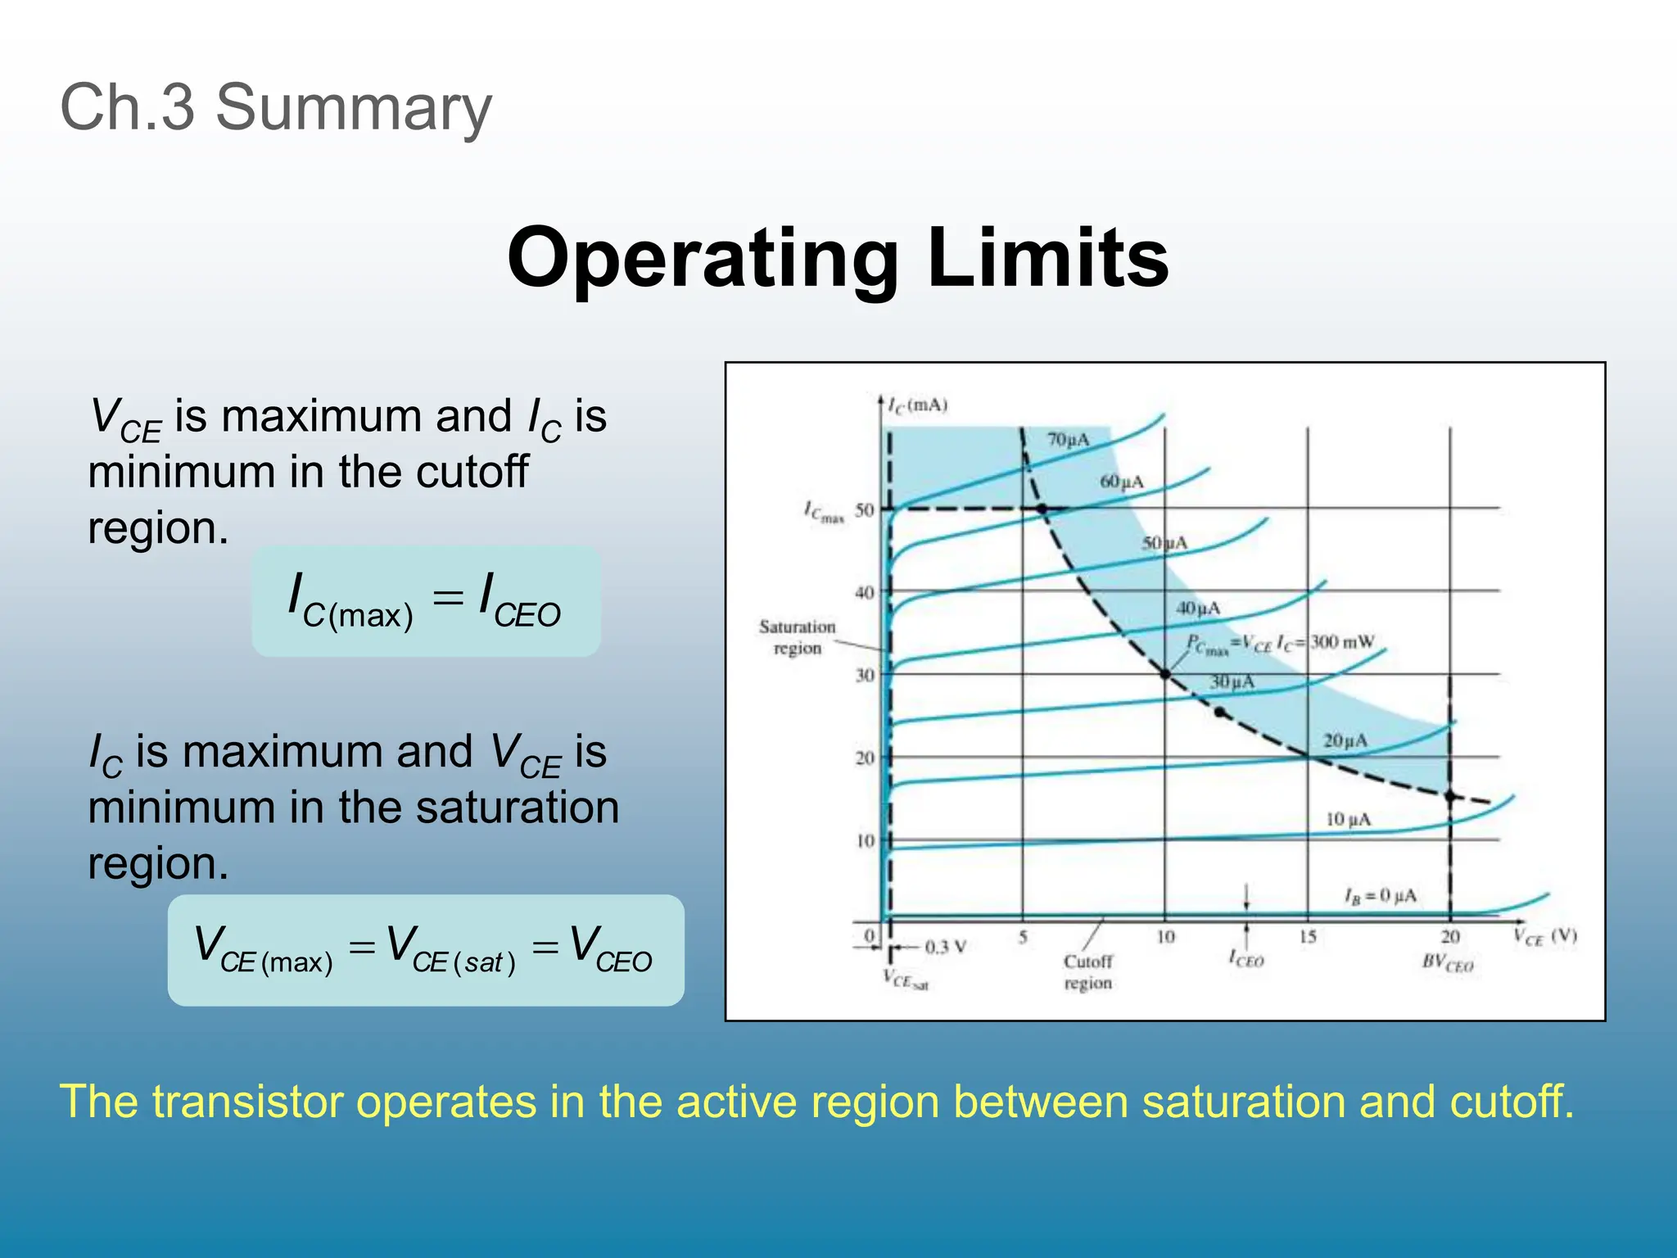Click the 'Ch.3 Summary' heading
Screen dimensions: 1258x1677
[x=276, y=107]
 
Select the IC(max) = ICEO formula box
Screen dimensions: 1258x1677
[x=426, y=602]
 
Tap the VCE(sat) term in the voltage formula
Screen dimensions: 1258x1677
[x=450, y=950]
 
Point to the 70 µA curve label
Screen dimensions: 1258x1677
[x=1069, y=440]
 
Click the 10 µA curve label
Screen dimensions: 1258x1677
[x=1348, y=819]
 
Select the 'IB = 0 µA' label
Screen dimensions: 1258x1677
[x=1380, y=895]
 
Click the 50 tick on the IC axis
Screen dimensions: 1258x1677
[x=865, y=510]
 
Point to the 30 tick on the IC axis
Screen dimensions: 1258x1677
[x=865, y=676]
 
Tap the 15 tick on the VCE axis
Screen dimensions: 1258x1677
[x=1308, y=937]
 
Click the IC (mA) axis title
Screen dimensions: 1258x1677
[x=918, y=405]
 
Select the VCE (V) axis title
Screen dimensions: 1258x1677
[x=1544, y=937]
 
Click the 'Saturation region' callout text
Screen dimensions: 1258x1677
[x=797, y=637]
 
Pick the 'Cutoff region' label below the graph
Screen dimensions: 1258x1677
[x=1088, y=971]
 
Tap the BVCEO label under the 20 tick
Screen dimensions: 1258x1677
[x=1448, y=963]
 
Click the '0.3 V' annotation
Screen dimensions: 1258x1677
[x=946, y=948]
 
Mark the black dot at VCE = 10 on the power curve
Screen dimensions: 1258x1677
[x=1165, y=674]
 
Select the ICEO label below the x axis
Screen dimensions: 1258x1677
[x=1246, y=959]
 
